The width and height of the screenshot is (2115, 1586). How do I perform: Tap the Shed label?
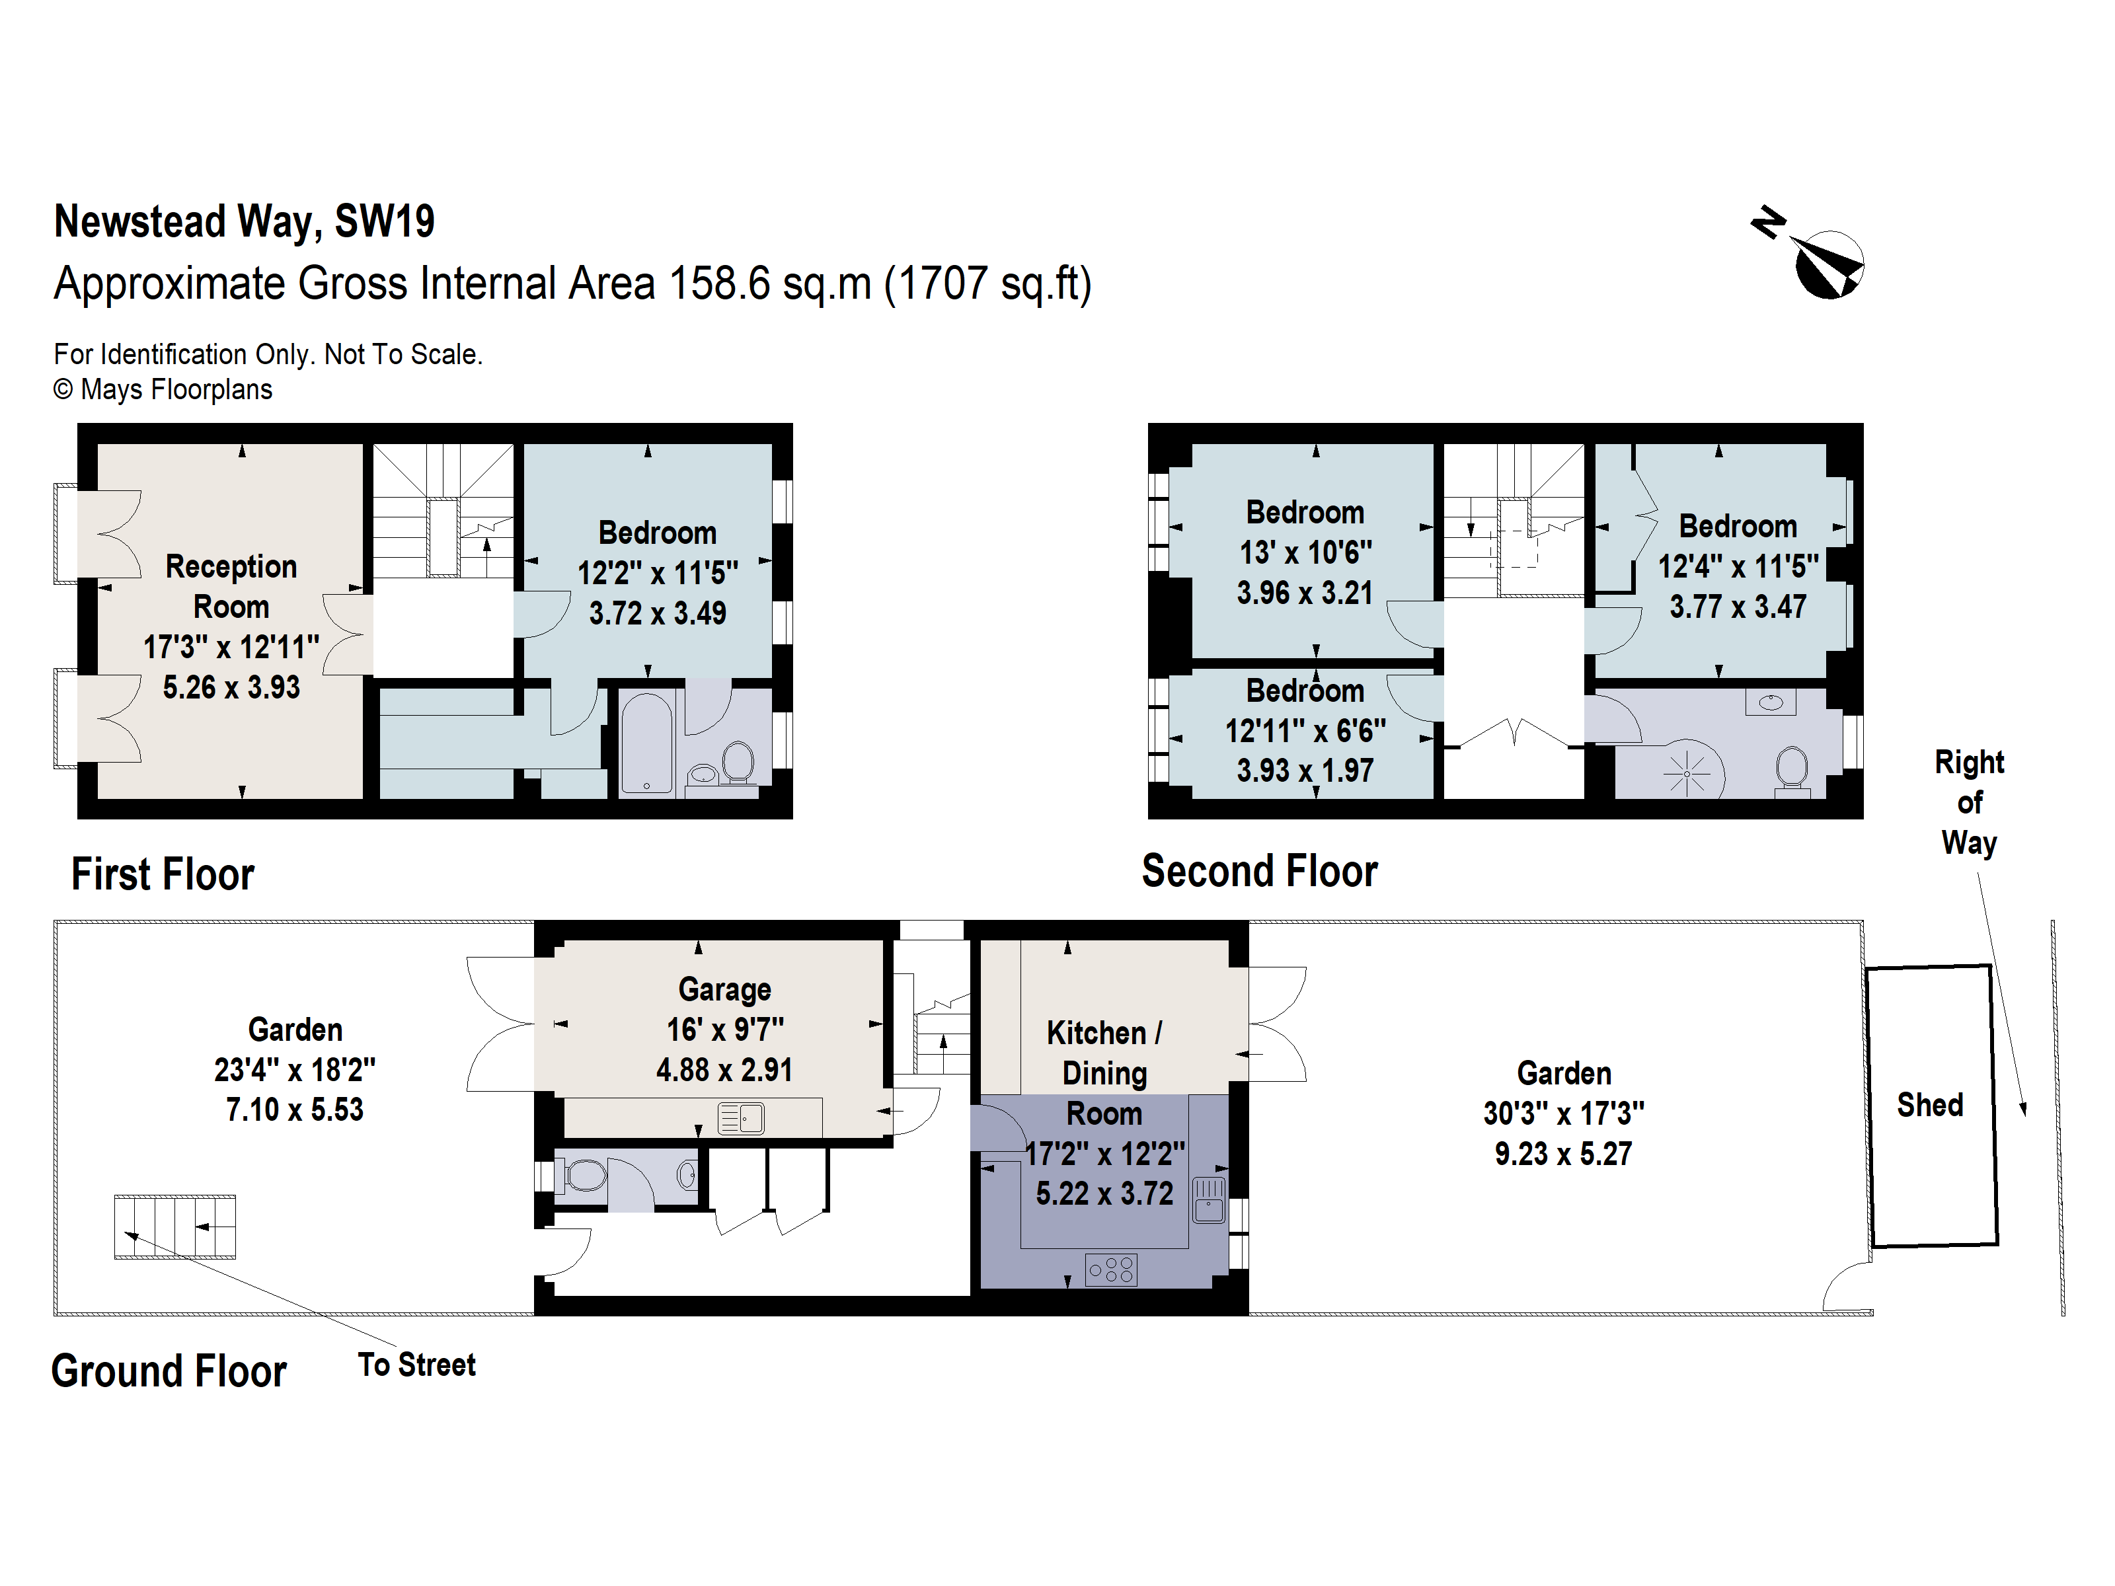[1929, 1105]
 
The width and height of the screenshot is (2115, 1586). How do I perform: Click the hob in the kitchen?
[1111, 1269]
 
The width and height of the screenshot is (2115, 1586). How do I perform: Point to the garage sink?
[741, 1117]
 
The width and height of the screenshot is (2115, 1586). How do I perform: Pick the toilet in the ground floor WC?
[583, 1175]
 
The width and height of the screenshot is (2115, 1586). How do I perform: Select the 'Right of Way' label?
[1969, 802]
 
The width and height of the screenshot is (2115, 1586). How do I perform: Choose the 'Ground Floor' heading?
[169, 1371]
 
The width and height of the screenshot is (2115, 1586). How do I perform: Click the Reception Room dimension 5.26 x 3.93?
[231, 687]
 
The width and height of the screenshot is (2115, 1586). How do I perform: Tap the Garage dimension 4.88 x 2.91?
[724, 1070]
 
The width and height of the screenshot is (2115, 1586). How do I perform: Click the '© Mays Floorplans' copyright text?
[163, 390]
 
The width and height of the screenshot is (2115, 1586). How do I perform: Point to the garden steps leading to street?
[175, 1227]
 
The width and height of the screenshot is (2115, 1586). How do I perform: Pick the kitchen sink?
[1209, 1200]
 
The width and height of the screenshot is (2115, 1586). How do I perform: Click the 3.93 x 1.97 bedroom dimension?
[1305, 771]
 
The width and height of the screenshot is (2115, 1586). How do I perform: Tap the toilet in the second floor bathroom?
[1791, 770]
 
